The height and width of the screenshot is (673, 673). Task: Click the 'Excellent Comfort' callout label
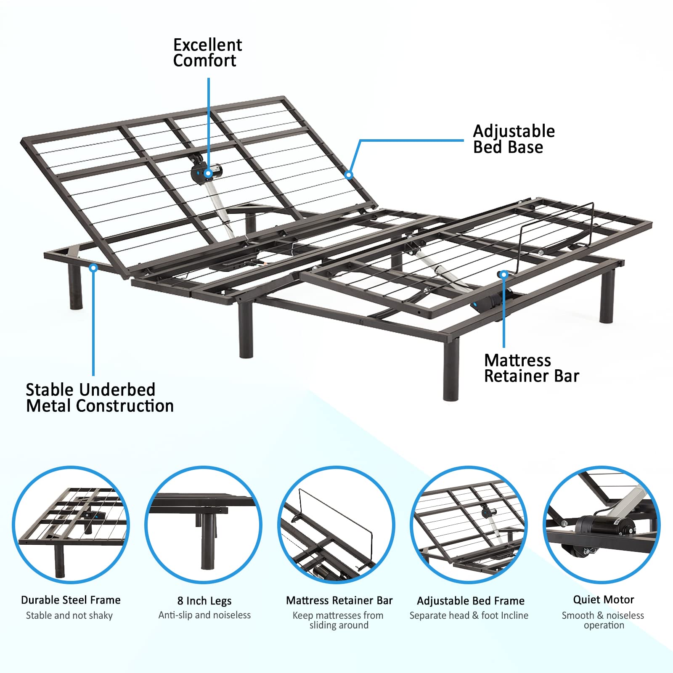tap(207, 53)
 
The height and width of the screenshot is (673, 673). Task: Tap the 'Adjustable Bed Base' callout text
tap(514, 139)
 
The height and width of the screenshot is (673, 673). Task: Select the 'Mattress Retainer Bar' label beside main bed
tap(531, 368)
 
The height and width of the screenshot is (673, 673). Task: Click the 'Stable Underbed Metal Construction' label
tap(99, 398)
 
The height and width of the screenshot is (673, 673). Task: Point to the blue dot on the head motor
tap(208, 173)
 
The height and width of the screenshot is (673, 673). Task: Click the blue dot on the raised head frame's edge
tap(349, 175)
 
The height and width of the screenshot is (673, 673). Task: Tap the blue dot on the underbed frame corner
tap(94, 268)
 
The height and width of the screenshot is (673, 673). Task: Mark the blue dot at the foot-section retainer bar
tap(504, 275)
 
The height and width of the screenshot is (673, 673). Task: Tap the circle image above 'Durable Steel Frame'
tap(71, 525)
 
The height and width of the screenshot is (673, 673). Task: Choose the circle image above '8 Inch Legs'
tap(204, 525)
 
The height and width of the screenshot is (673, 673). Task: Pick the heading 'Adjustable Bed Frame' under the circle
tap(470, 601)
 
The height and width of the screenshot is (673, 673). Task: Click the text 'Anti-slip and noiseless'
tap(204, 615)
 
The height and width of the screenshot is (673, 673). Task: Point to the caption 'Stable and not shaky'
tap(69, 615)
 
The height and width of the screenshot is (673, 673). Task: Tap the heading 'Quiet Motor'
tap(603, 599)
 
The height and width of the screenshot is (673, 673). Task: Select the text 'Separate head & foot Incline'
tap(469, 615)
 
